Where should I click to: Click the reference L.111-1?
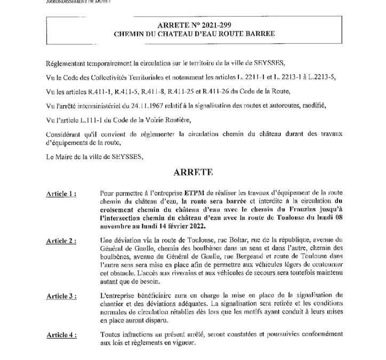pyautogui.click(x=86, y=121)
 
